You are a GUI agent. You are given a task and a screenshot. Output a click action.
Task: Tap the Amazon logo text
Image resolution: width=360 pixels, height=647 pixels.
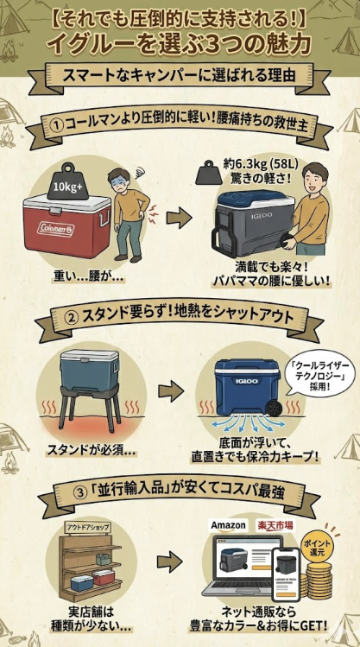(228, 525)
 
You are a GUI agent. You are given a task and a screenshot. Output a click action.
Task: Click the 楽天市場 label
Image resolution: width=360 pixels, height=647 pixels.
(275, 525)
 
